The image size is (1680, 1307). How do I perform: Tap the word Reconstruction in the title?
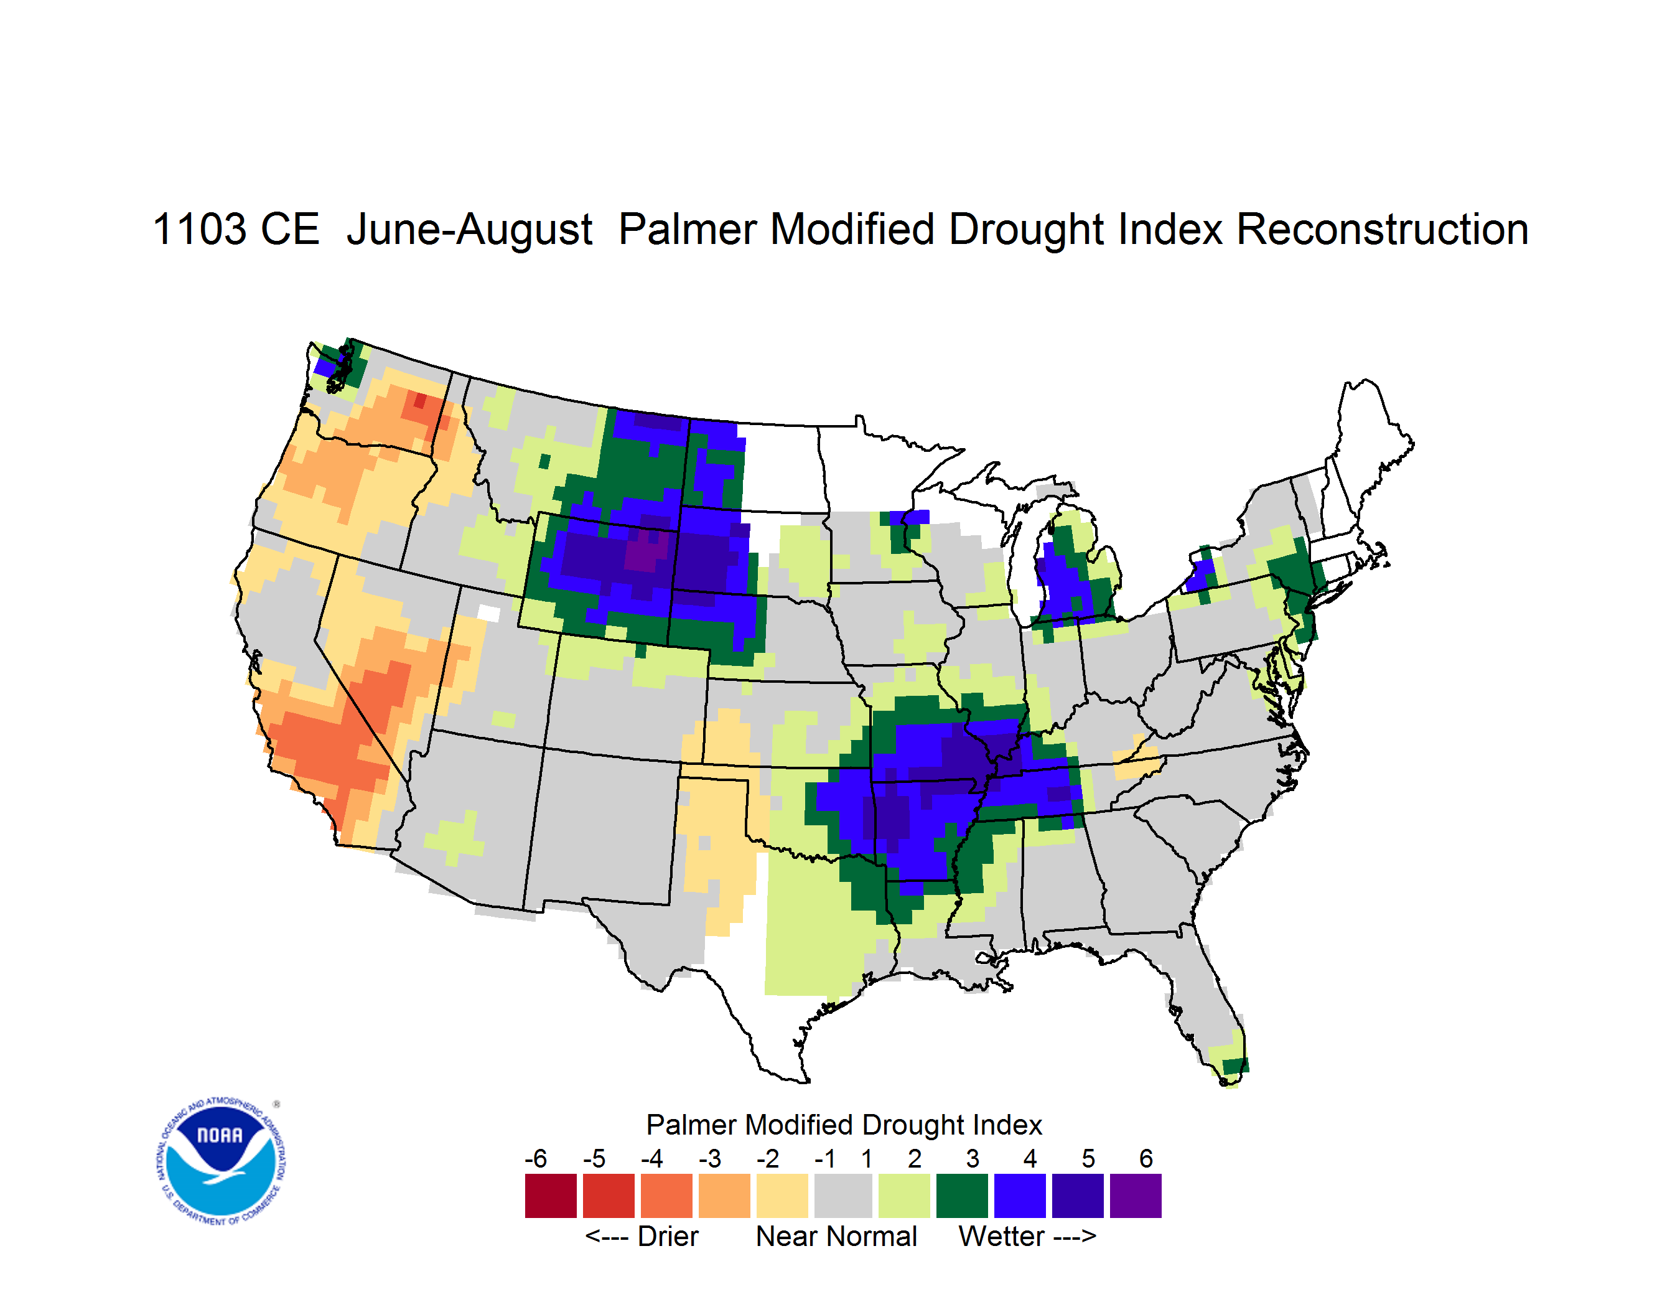coord(1383,229)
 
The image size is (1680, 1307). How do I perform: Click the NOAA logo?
coord(221,1161)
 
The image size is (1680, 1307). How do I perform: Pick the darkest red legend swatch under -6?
coord(551,1196)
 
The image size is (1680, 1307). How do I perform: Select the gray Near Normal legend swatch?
coord(843,1196)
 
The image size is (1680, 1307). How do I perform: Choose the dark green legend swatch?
coord(961,1196)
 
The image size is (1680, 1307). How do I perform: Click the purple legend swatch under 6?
coord(1136,1196)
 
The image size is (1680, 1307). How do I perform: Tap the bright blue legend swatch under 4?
coord(1020,1196)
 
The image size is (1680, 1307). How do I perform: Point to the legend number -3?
coord(709,1158)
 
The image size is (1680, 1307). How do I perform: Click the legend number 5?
coord(1088,1158)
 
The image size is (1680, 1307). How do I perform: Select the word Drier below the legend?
coord(668,1236)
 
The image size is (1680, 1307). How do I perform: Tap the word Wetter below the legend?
coord(1002,1236)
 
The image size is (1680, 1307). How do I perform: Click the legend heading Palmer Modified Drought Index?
coord(844,1125)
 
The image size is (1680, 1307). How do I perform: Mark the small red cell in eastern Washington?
coord(419,401)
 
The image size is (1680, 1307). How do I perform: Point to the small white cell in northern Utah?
coord(488,613)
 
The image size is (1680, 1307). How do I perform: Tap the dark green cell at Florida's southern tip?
coord(1235,1066)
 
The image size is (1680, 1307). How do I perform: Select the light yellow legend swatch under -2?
coord(782,1196)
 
